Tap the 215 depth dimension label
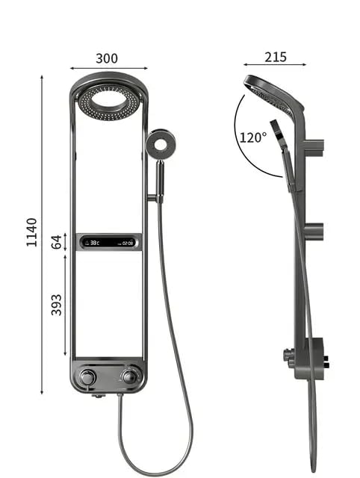(x=275, y=58)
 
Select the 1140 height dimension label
(x=32, y=233)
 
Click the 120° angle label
(x=252, y=137)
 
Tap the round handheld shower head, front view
(x=160, y=144)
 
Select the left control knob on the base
(x=88, y=376)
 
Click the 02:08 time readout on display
(x=128, y=242)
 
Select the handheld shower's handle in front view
(x=159, y=179)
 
